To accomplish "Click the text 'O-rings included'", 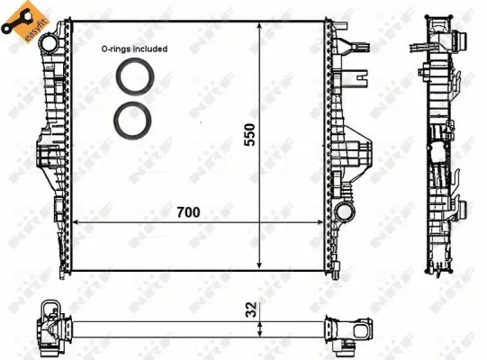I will (134, 50).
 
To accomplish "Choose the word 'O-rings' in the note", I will (115, 50).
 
